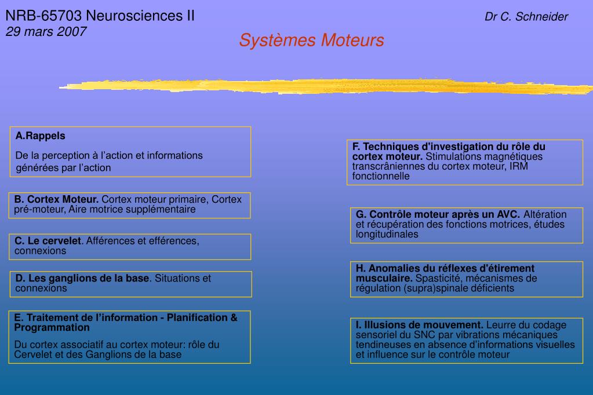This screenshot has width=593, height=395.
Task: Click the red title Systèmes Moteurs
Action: tap(311, 41)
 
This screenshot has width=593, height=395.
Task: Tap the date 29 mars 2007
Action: tap(46, 31)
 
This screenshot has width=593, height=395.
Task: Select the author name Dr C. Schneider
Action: tap(526, 17)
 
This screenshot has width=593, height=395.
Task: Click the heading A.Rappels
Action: tap(41, 136)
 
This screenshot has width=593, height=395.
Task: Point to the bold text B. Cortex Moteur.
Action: tap(57, 200)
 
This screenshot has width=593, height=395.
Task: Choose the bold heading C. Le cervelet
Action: tap(48, 241)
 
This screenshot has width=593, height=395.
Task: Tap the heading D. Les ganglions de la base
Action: tap(82, 279)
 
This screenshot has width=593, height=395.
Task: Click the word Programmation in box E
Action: tap(52, 328)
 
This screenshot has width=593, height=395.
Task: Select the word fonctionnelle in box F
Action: tap(381, 177)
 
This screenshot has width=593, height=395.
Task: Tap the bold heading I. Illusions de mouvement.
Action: tap(420, 325)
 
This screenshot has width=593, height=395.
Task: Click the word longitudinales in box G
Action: tap(387, 235)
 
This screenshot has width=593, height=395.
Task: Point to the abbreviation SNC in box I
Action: tap(415, 335)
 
